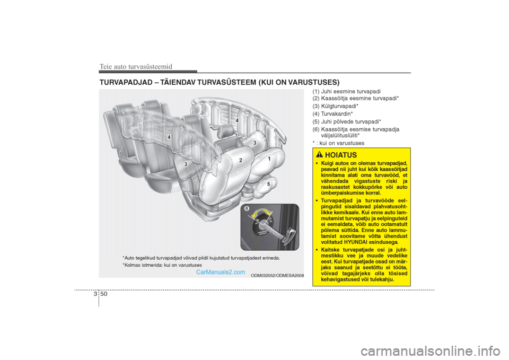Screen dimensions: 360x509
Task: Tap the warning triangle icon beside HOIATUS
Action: pos(319,155)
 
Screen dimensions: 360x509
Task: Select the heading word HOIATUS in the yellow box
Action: pos(342,155)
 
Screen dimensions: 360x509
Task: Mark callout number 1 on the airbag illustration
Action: pos(269,159)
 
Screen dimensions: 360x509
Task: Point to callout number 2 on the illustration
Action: pos(240,160)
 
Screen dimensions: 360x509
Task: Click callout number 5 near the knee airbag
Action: pos(269,184)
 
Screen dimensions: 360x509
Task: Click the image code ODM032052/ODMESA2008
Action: pos(277,276)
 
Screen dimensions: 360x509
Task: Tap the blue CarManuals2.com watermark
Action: pos(221,272)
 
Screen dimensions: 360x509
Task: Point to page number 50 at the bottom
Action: pos(103,293)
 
